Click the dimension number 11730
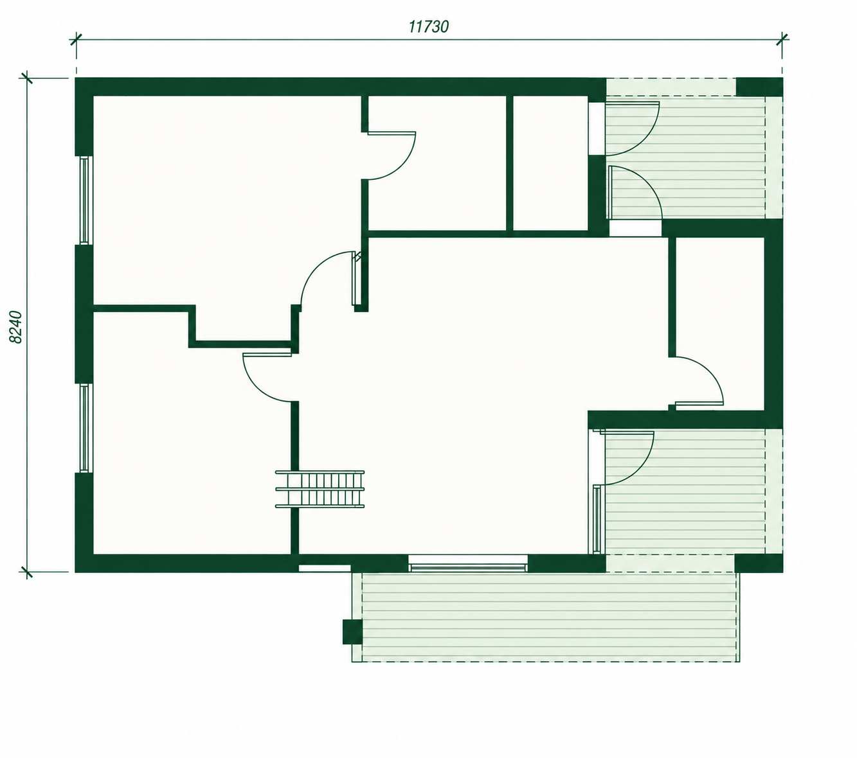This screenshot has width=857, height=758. tap(428, 27)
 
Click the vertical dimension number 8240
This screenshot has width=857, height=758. tap(16, 327)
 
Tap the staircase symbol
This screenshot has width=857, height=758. tap(320, 489)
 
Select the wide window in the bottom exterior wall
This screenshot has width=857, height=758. tap(468, 563)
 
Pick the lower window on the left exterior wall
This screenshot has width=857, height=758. tap(85, 428)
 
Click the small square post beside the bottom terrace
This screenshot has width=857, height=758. tap(352, 631)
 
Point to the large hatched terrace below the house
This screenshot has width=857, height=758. tap(546, 617)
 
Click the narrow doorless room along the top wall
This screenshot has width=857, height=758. tap(550, 163)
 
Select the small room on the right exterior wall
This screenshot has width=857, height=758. tap(719, 323)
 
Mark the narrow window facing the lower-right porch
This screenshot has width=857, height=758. tap(597, 520)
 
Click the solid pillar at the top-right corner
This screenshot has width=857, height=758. tap(760, 87)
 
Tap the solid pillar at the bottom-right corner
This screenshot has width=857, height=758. tap(759, 563)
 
